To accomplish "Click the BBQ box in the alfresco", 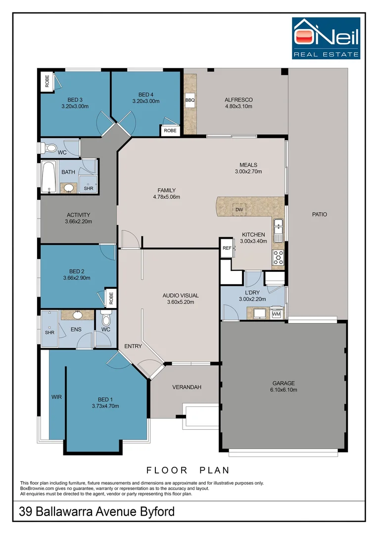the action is pos(190,100).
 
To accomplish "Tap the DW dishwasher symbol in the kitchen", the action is pos(239,210).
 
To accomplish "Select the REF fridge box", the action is pos(227,248).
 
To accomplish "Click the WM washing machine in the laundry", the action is pos(276,313).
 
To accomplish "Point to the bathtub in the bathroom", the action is pos(48,177).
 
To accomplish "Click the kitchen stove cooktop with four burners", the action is pos(278,258).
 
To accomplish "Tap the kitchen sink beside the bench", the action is pos(278,230).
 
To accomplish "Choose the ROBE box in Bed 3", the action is pos(47,81).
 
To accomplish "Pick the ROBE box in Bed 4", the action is pos(170,131).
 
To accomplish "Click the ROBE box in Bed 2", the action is pos(111,298).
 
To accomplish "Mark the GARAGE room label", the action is pos(283,383).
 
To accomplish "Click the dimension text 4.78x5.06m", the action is pos(167,197).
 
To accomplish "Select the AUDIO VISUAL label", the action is pos(181,296).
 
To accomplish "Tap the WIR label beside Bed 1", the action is pos(56,397).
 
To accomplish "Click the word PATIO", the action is pos(320,214).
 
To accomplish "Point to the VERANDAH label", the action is pos(187,387).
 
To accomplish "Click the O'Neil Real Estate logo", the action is pos(326,38).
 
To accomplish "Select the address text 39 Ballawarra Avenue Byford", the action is pos(97,512).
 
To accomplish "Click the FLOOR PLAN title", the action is pos(188,470).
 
